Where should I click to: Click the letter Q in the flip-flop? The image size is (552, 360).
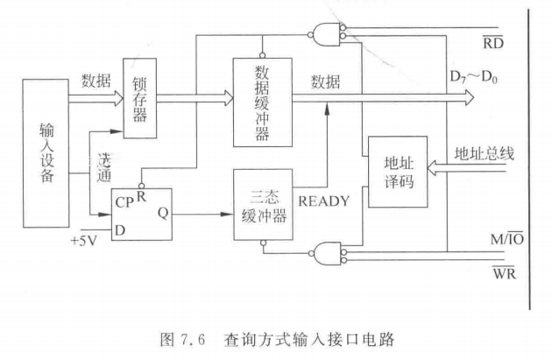(x=163, y=211)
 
